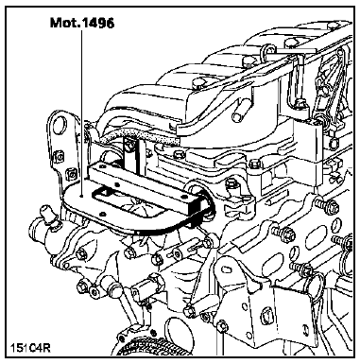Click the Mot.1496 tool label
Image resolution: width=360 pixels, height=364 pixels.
[82, 23]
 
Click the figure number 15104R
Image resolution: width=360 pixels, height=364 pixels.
[30, 348]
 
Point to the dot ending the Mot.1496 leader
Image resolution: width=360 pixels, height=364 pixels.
[81, 196]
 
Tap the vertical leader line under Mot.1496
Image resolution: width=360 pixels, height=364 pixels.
[81, 112]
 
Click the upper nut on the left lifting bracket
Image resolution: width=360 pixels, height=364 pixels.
[58, 157]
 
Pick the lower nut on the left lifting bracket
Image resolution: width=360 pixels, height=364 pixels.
[72, 174]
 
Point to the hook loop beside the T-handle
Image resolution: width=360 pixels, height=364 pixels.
[266, 50]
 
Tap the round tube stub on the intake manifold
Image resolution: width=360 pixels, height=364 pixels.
[240, 114]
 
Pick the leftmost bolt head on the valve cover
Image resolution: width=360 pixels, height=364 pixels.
[197, 82]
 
